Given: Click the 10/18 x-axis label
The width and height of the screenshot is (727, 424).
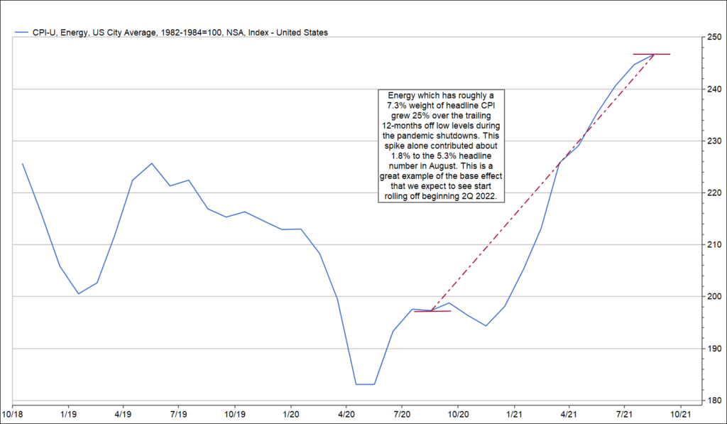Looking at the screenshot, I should [13, 413].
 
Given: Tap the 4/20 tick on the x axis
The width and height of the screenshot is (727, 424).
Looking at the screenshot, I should [346, 413].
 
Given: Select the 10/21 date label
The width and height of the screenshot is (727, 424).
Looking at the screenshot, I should [680, 413].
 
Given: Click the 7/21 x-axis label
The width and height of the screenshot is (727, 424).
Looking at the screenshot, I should [624, 413].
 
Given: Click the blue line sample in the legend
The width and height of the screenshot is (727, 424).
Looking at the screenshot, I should [21, 33].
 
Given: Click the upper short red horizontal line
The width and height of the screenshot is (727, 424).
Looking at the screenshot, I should [651, 54].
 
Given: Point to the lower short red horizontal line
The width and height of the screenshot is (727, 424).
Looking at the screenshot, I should [432, 311].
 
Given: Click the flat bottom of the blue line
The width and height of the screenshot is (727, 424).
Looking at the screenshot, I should [365, 384].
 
